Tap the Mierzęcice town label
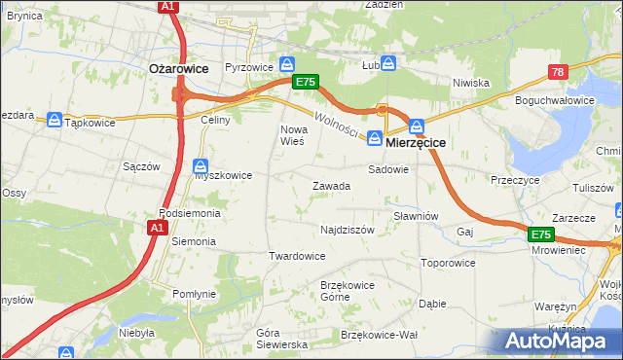pos(416,142)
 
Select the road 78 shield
pos(558,72)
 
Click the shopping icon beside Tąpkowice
pos(55,121)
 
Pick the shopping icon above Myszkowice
pos(200,164)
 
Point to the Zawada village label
pos(331,186)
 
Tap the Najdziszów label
pos(348,231)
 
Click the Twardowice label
pos(297,256)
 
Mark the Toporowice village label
pos(448,263)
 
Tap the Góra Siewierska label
pos(281,339)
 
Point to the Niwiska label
pos(470,83)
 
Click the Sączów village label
pos(141,166)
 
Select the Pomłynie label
pos(194,294)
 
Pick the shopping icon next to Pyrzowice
pos(287,63)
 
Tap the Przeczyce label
pos(515,180)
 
